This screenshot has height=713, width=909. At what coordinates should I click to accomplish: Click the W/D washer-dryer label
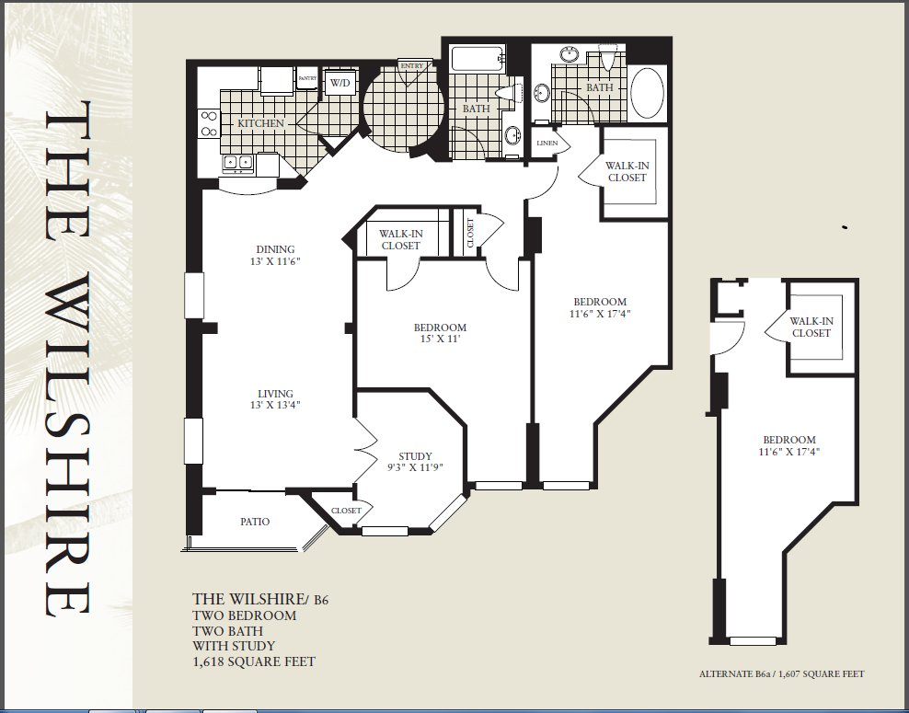[340, 83]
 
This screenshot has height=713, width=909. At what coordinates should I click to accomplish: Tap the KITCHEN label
[261, 123]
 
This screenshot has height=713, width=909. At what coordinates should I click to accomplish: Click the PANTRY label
[307, 78]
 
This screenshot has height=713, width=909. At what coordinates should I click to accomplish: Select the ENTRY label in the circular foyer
[411, 66]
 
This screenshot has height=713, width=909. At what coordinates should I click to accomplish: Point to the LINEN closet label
[547, 143]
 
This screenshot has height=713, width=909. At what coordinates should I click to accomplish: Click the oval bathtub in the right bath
[647, 93]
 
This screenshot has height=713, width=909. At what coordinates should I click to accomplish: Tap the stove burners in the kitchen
[209, 124]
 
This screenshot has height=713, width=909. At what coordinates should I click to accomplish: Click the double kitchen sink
[238, 164]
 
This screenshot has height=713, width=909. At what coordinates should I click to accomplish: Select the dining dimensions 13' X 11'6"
[275, 261]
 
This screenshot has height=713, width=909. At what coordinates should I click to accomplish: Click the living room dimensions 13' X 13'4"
[275, 405]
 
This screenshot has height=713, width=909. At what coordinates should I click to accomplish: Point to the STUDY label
[415, 456]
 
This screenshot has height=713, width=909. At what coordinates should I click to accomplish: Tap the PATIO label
[255, 522]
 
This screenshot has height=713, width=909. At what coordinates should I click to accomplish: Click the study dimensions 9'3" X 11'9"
[415, 467]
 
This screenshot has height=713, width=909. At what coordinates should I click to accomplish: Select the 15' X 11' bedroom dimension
[440, 339]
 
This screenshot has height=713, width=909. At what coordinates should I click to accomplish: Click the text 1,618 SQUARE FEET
[254, 661]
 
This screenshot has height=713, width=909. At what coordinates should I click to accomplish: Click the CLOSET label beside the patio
[346, 511]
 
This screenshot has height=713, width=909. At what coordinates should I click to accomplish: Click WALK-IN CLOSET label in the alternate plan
[811, 327]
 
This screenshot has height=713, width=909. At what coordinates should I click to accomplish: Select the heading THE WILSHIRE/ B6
[260, 599]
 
